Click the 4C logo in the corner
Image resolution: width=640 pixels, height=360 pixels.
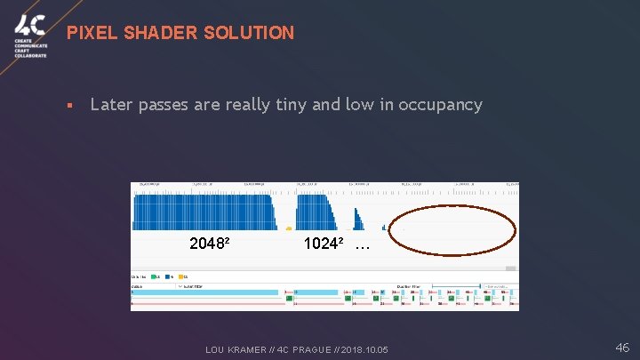[29, 36]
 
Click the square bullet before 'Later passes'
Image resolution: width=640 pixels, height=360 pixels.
[68, 106]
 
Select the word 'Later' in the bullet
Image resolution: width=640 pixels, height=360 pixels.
[111, 105]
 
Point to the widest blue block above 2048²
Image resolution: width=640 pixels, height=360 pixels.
[204, 212]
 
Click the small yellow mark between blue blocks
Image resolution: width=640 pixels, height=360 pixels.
[288, 228]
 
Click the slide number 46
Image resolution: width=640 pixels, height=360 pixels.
[621, 348]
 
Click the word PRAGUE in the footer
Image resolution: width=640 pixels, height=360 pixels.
[307, 349]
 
